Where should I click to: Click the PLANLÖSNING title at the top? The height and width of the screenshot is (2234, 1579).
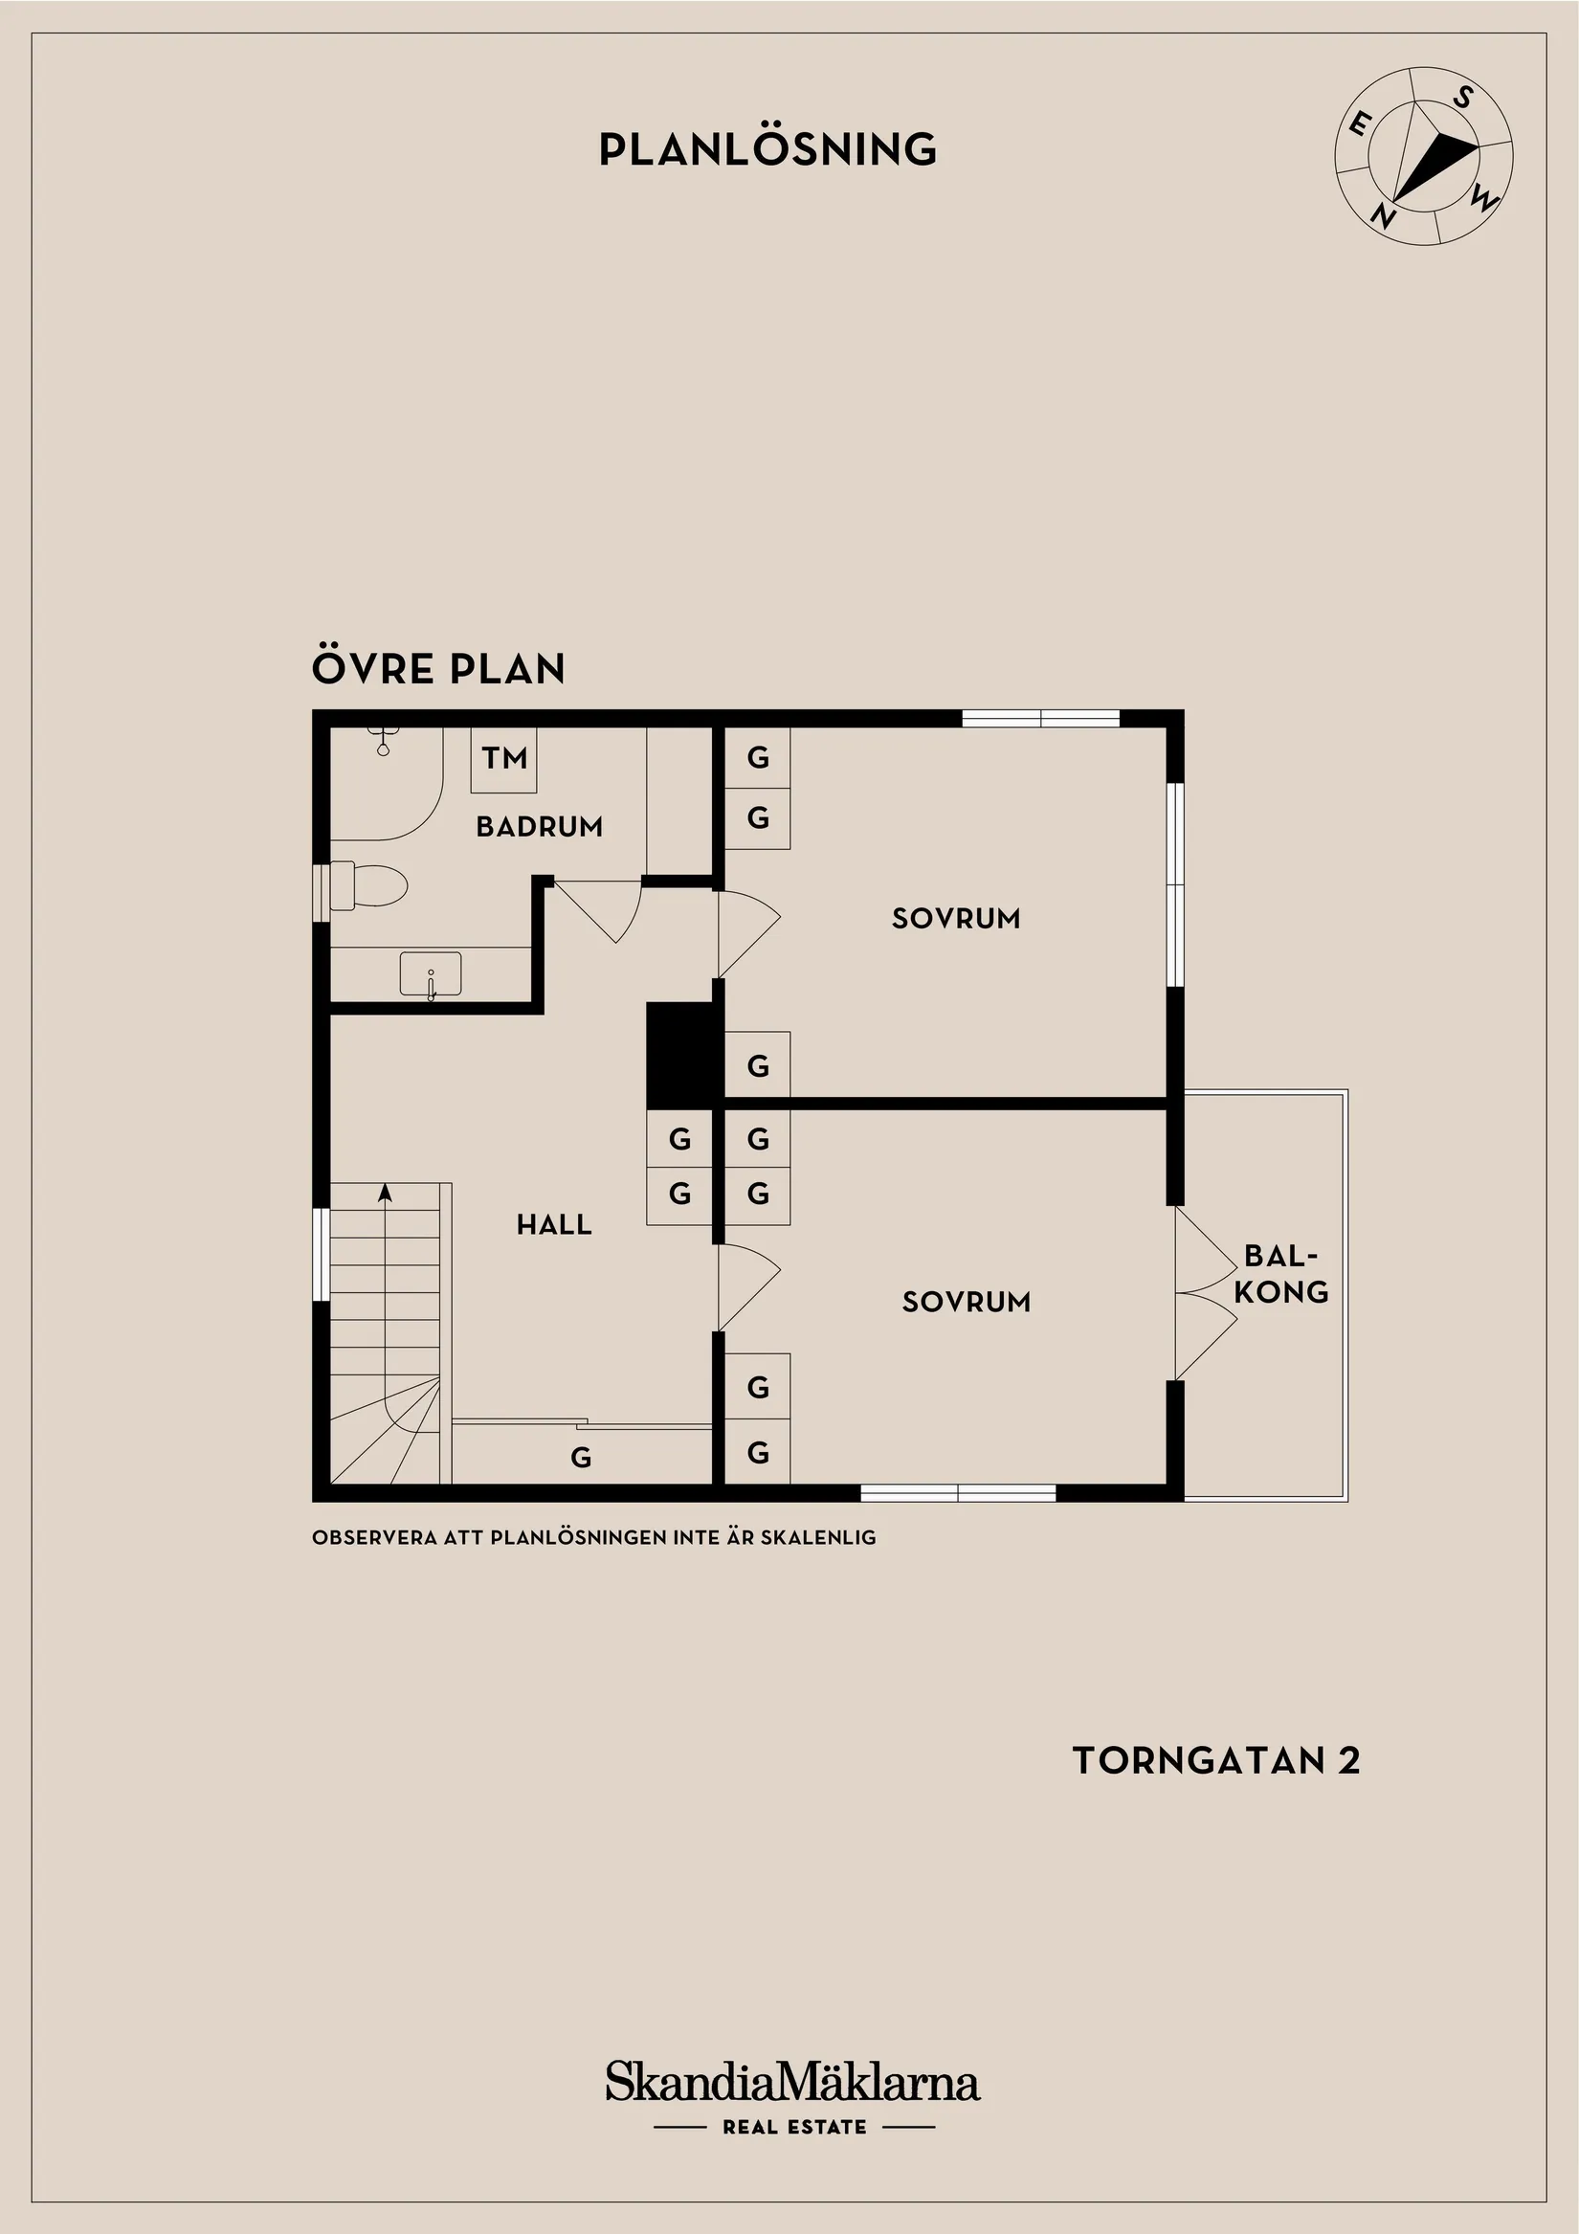point(767,149)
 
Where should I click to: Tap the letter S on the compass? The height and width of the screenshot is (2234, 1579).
point(1462,98)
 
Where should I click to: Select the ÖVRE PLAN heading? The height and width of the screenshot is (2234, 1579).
point(437,668)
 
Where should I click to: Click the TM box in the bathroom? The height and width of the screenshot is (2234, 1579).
point(504,759)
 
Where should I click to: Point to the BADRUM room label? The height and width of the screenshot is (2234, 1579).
point(539,827)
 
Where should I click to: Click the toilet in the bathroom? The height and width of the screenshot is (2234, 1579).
point(369,885)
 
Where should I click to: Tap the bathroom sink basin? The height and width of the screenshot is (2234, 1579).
point(430,974)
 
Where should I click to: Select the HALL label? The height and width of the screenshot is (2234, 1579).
point(553,1224)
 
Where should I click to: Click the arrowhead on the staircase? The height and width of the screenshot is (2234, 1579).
point(386,1191)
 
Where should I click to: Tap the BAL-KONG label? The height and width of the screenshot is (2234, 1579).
point(1280,1274)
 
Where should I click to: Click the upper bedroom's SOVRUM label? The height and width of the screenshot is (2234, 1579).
point(955,919)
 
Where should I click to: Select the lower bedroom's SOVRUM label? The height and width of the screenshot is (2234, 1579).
point(966,1302)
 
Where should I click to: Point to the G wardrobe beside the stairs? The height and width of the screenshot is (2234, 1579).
point(581,1457)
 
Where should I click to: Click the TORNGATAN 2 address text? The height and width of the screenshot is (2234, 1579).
point(1215,1760)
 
